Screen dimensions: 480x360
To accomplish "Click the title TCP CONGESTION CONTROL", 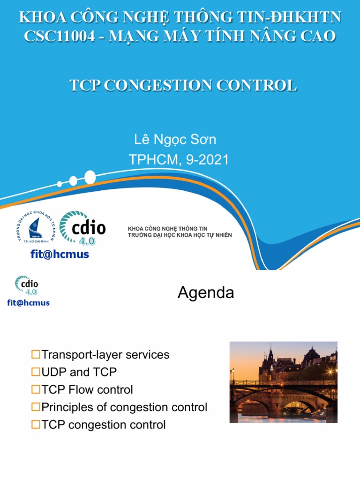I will coord(183,85).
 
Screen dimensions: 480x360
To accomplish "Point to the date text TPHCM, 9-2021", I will coord(179,160).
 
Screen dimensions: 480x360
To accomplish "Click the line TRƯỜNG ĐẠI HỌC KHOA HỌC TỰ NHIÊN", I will coord(180,234).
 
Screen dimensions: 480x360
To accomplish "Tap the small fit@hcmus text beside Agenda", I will coord(29,302).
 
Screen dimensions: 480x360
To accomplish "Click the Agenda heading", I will coord(205,293).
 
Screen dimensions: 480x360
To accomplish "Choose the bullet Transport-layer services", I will coord(105,354).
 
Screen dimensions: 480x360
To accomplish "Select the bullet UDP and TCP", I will coord(79,372).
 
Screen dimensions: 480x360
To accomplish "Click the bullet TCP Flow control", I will coord(87,390).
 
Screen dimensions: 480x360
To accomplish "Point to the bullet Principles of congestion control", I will coord(124,407).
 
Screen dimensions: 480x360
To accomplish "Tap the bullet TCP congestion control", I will coord(103,425).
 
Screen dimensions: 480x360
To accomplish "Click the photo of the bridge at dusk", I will coord(283,382).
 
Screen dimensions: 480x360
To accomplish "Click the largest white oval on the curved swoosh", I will coord(90,177).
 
